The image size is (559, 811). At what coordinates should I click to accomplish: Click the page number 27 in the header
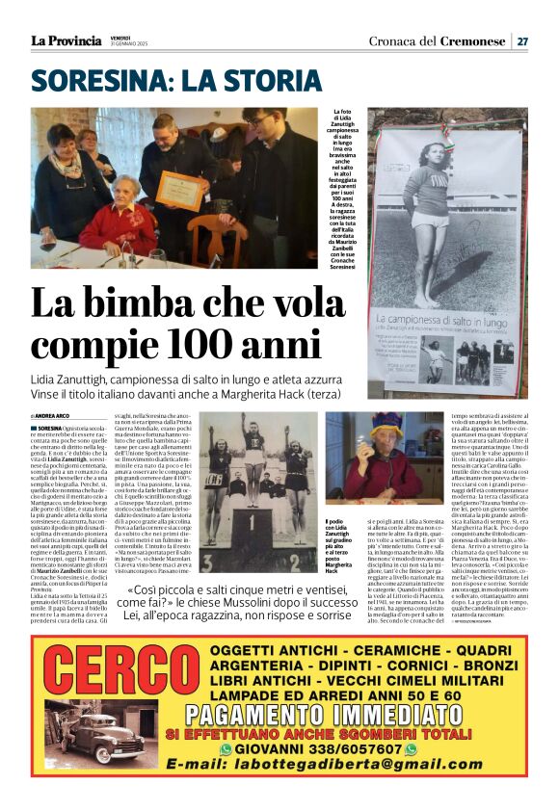[x=521, y=40]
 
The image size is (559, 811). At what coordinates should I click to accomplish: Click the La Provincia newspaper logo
[x=66, y=40]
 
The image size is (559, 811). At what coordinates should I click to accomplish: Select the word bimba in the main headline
[x=143, y=305]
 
